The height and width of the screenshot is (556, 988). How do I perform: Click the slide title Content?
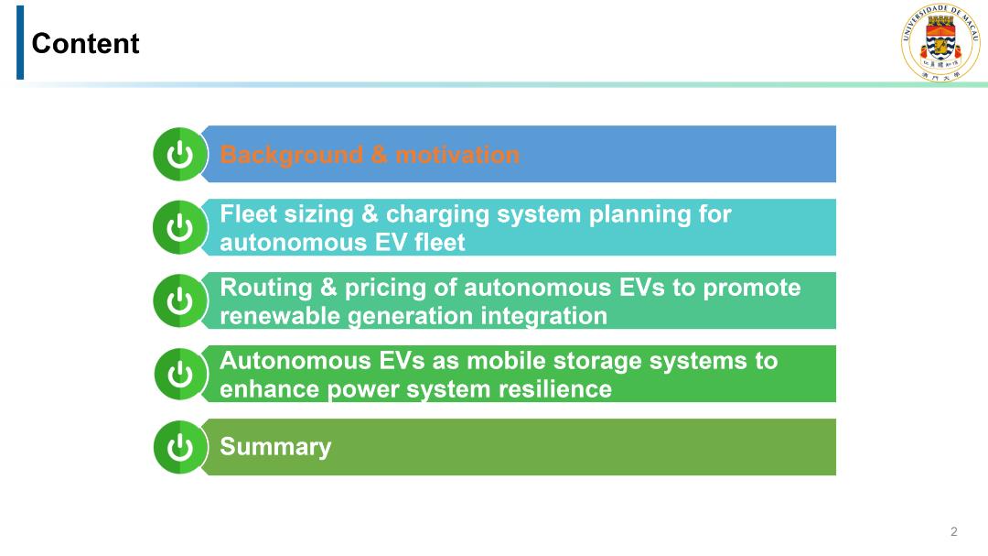[85, 44]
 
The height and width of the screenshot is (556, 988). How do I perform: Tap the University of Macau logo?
[940, 41]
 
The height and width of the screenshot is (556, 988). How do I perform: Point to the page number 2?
[954, 531]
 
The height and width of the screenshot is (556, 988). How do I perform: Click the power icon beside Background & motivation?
[180, 154]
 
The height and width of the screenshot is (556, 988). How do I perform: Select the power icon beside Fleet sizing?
[180, 227]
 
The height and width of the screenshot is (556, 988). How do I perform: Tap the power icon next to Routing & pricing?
[180, 300]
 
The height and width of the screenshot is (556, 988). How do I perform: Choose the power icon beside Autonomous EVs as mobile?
[180, 374]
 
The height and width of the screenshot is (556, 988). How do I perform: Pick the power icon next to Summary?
[180, 447]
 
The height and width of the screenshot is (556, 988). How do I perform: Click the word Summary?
[275, 447]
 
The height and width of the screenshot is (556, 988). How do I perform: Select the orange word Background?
[292, 155]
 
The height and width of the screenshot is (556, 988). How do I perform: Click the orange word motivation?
[457, 155]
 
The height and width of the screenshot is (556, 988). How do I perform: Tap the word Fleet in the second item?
[248, 214]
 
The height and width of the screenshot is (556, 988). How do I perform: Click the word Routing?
[266, 289]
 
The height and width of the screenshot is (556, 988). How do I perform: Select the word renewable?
[281, 315]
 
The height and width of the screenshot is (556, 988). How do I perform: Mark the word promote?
[752, 289]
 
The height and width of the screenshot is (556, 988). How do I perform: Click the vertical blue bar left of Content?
[20, 42]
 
